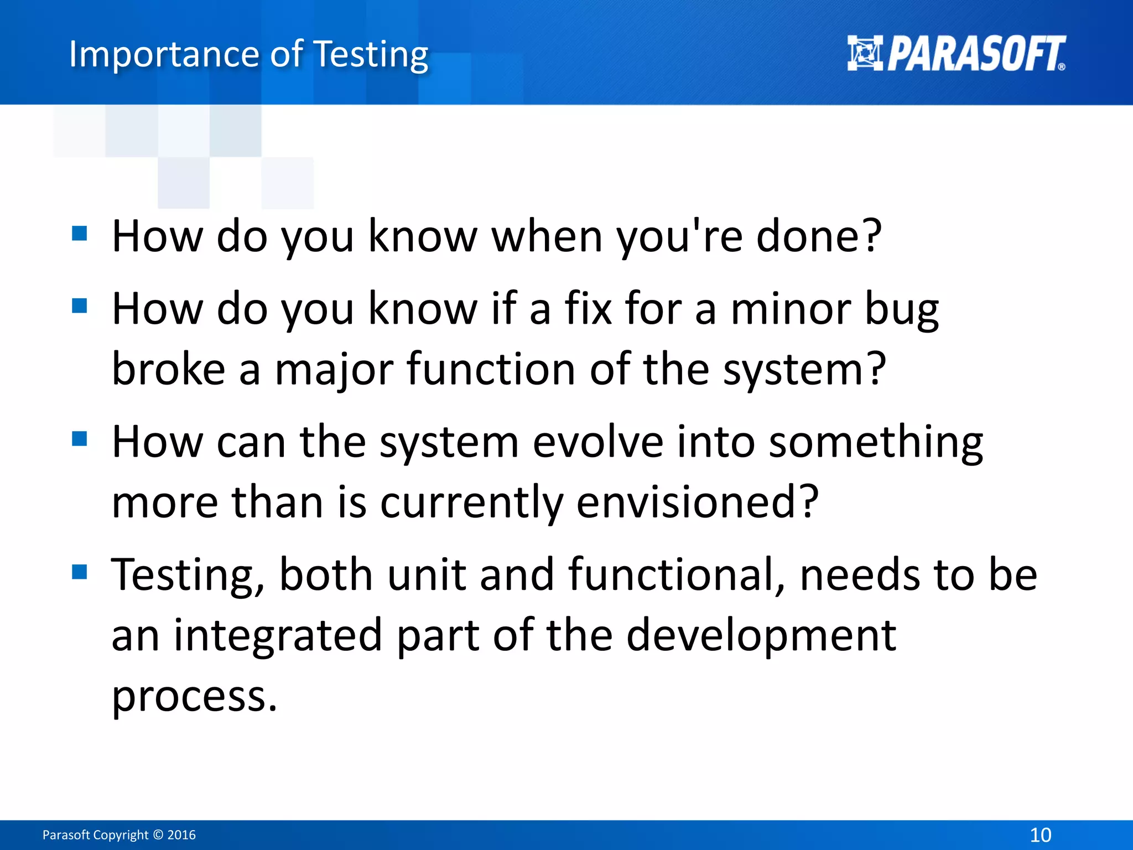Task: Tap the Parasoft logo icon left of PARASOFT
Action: pos(865,53)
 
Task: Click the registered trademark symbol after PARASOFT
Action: pos(1061,67)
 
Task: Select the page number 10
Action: pos(1040,835)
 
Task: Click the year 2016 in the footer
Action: pos(181,835)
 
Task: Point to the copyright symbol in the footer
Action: pos(158,835)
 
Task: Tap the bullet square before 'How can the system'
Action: pos(80,439)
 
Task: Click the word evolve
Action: pos(597,442)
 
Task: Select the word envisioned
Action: pos(697,502)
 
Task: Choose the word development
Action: pos(761,636)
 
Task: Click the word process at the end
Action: pos(194,696)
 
